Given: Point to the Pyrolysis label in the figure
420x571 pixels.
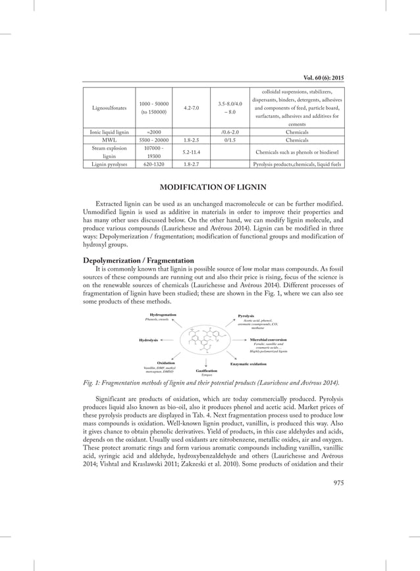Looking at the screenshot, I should [x=246, y=316].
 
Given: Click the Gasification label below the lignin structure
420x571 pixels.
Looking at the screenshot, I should [x=207, y=370].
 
